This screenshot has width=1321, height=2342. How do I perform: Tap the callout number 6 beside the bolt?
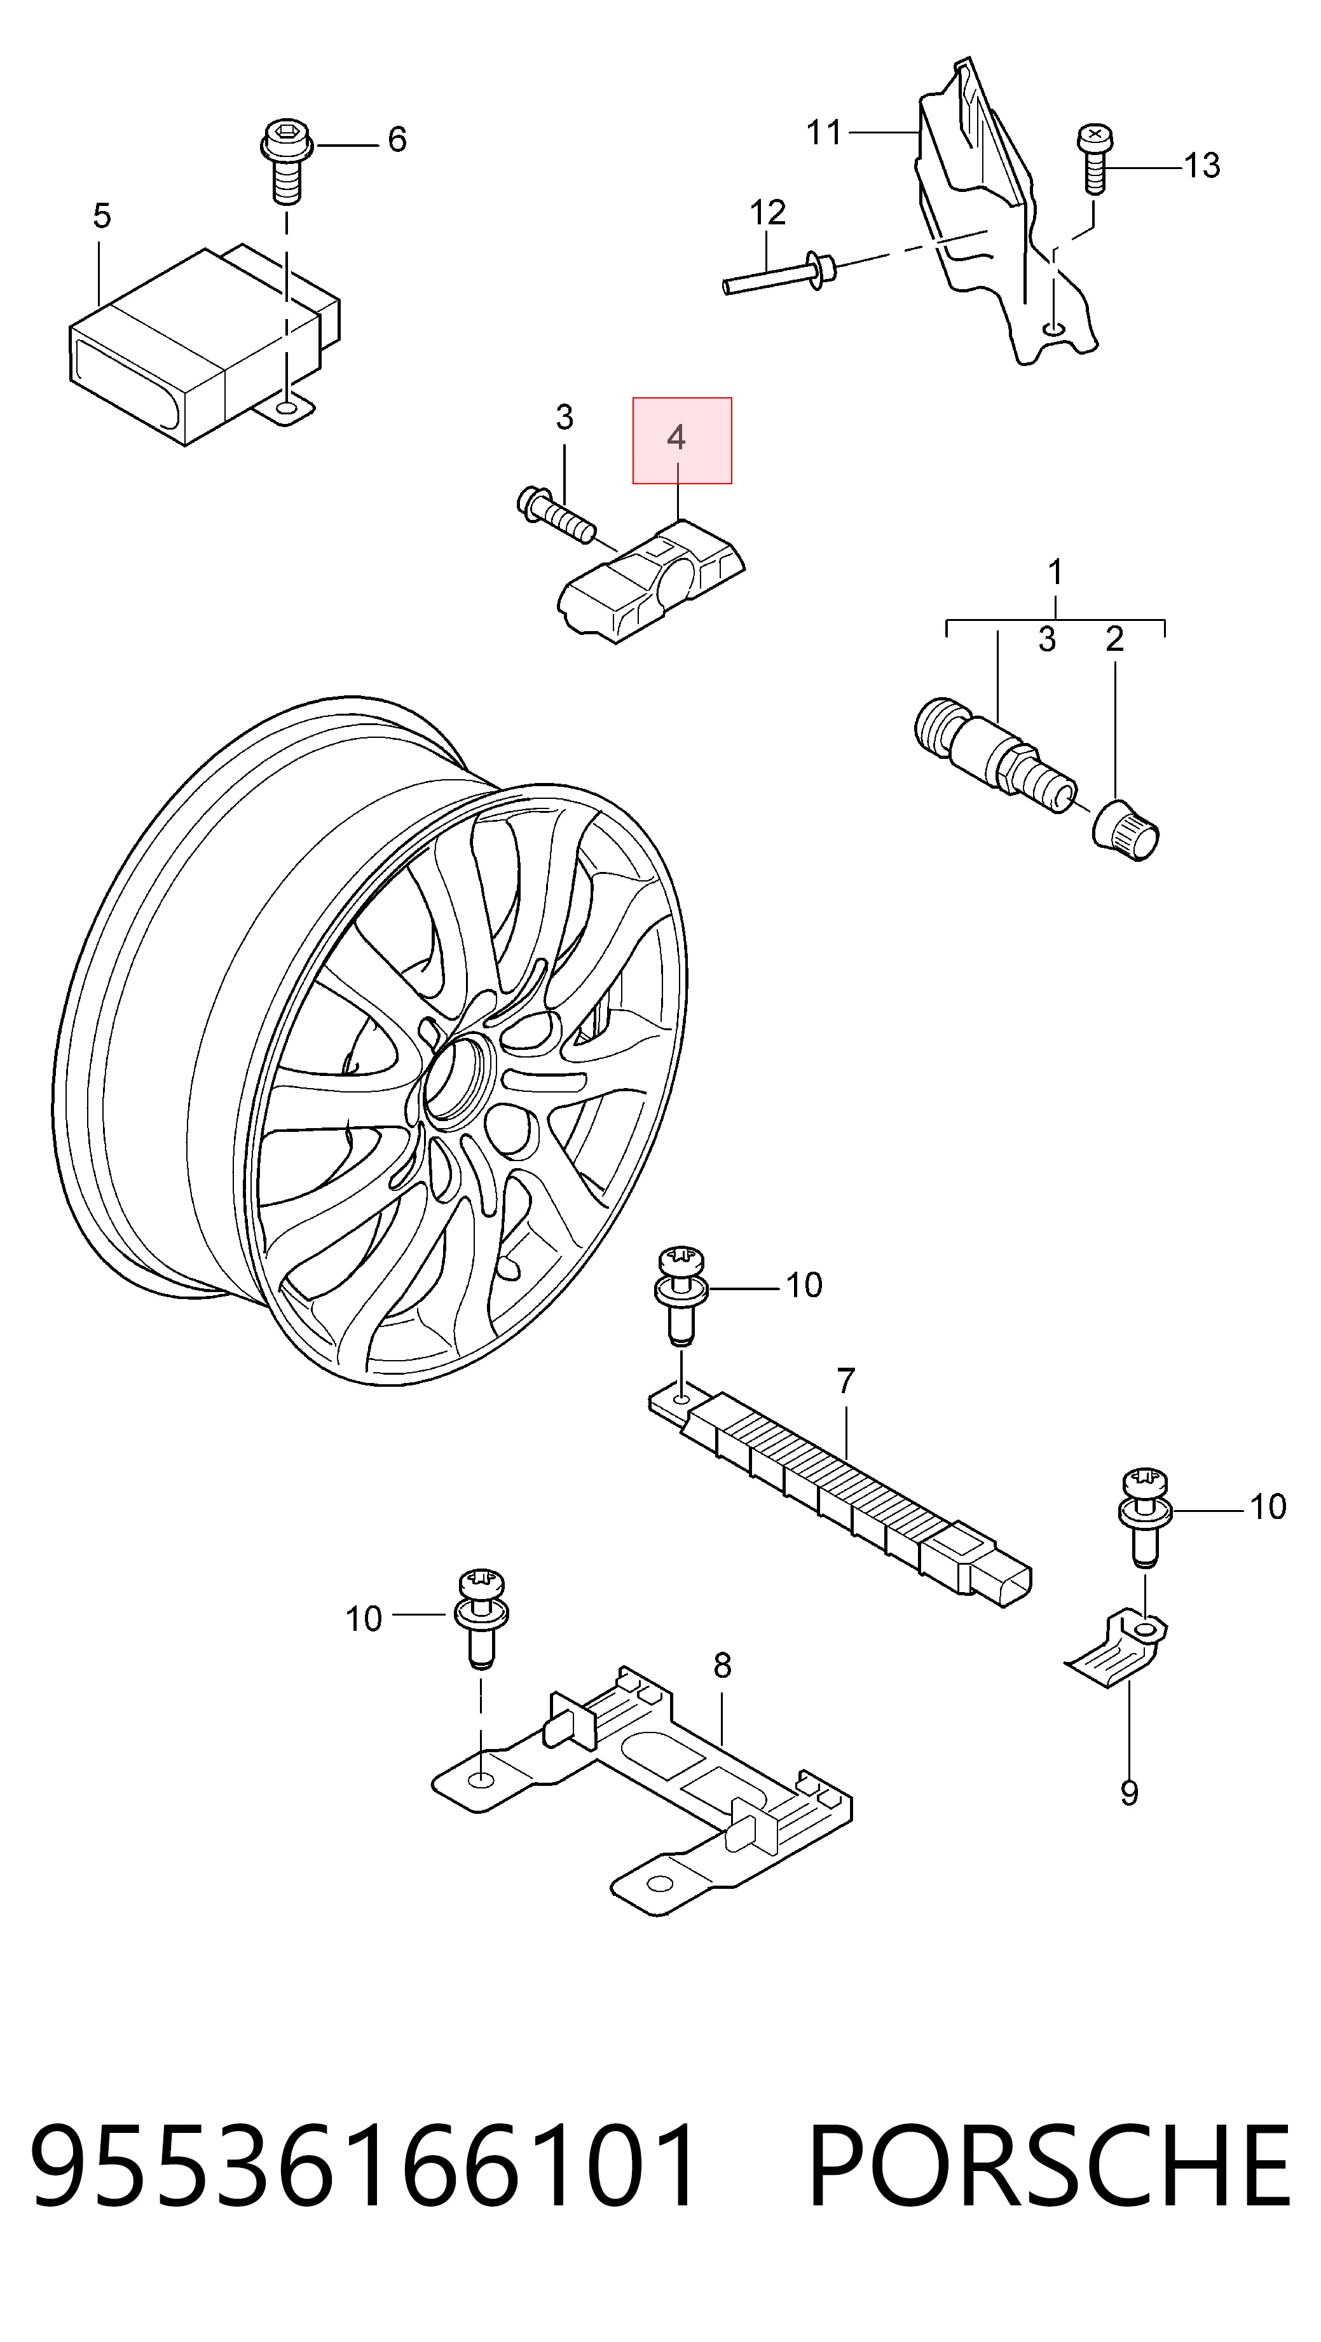click(397, 139)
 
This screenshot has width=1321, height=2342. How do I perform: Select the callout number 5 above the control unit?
click(102, 216)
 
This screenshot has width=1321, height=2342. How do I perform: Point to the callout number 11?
click(825, 133)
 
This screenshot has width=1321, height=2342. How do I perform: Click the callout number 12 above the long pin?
click(767, 213)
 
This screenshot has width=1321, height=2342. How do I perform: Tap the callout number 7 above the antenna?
click(846, 1380)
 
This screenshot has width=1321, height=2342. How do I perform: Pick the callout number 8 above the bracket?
click(722, 1665)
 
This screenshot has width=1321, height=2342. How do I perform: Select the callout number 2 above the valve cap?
click(1114, 639)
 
